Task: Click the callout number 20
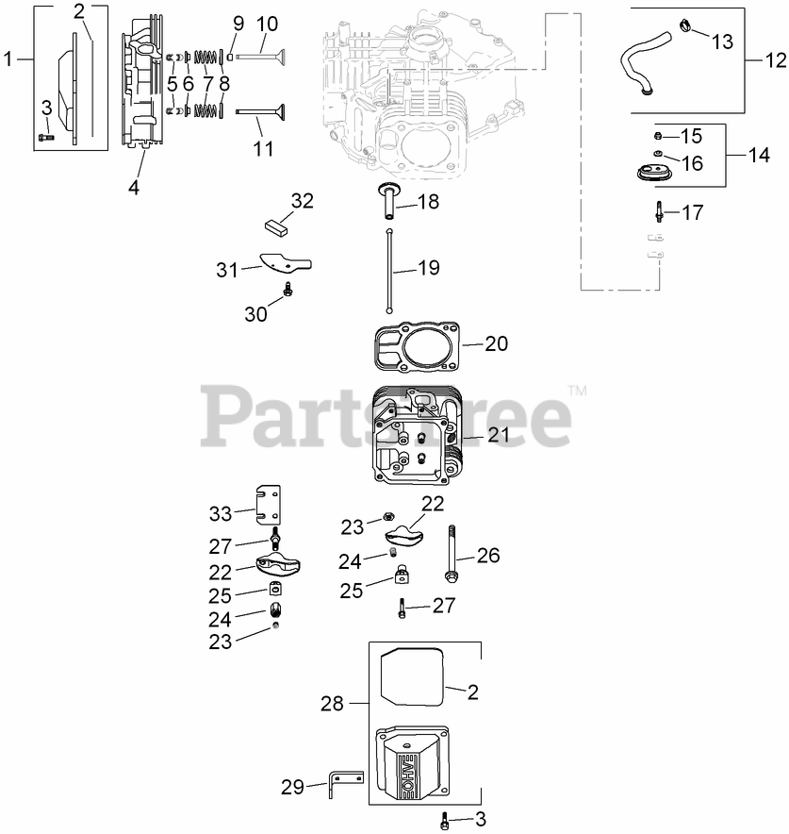(x=496, y=343)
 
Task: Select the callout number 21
(x=499, y=435)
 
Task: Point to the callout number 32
(x=302, y=201)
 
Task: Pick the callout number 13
(x=721, y=42)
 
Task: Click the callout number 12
(x=775, y=60)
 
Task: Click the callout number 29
(x=292, y=786)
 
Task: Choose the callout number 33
(x=220, y=513)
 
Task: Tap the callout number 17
(x=692, y=212)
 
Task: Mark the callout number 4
(x=134, y=187)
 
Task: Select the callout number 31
(x=226, y=270)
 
